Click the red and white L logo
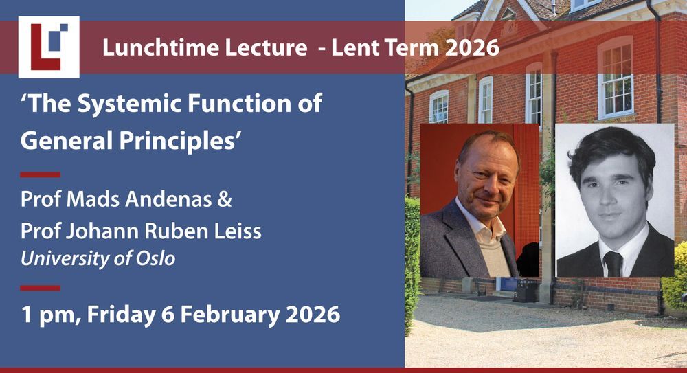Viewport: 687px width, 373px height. pos(49,47)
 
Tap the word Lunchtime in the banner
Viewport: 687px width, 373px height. pos(160,47)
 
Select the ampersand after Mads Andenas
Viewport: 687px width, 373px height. pos(225,200)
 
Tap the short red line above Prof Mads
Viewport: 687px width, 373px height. pos(41,175)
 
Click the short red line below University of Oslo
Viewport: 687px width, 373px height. pos(41,288)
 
